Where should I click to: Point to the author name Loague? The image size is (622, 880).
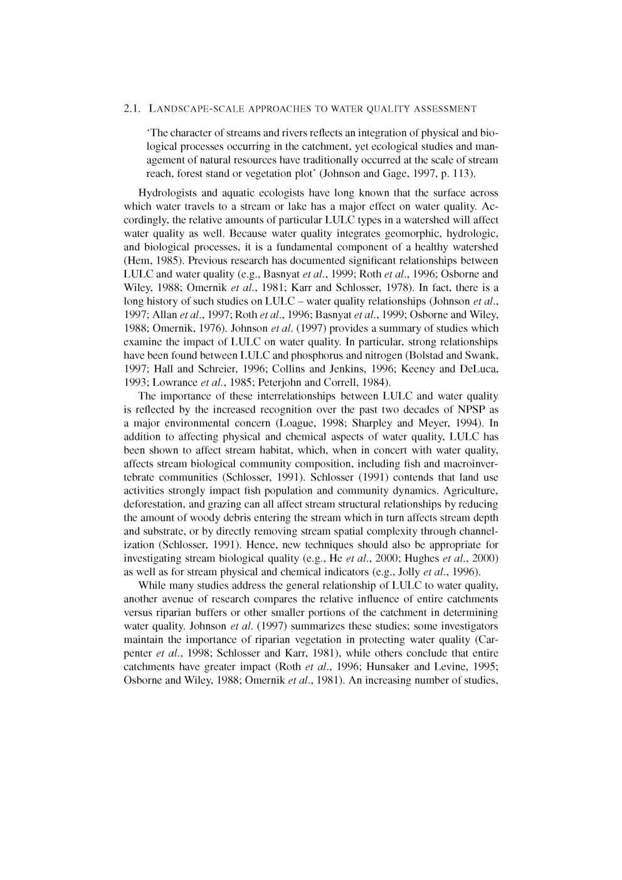coord(292,423)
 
